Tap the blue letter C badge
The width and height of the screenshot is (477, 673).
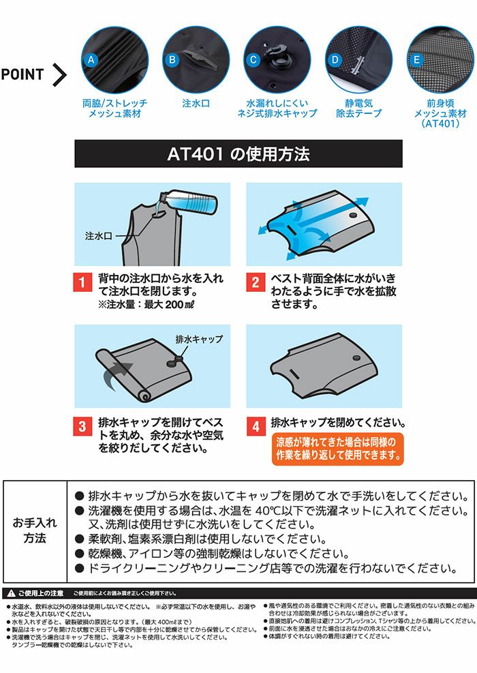click(253, 59)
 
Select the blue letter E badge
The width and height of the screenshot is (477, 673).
click(415, 59)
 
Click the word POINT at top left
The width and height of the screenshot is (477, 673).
click(22, 74)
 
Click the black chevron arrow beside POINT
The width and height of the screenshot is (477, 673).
click(60, 74)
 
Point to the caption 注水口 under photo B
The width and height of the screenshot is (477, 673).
click(196, 104)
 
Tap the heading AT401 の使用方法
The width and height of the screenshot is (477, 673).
click(238, 154)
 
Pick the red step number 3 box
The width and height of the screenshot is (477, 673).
click(82, 428)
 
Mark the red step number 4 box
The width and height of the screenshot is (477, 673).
click(255, 428)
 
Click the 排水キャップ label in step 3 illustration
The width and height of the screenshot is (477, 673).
click(199, 338)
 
